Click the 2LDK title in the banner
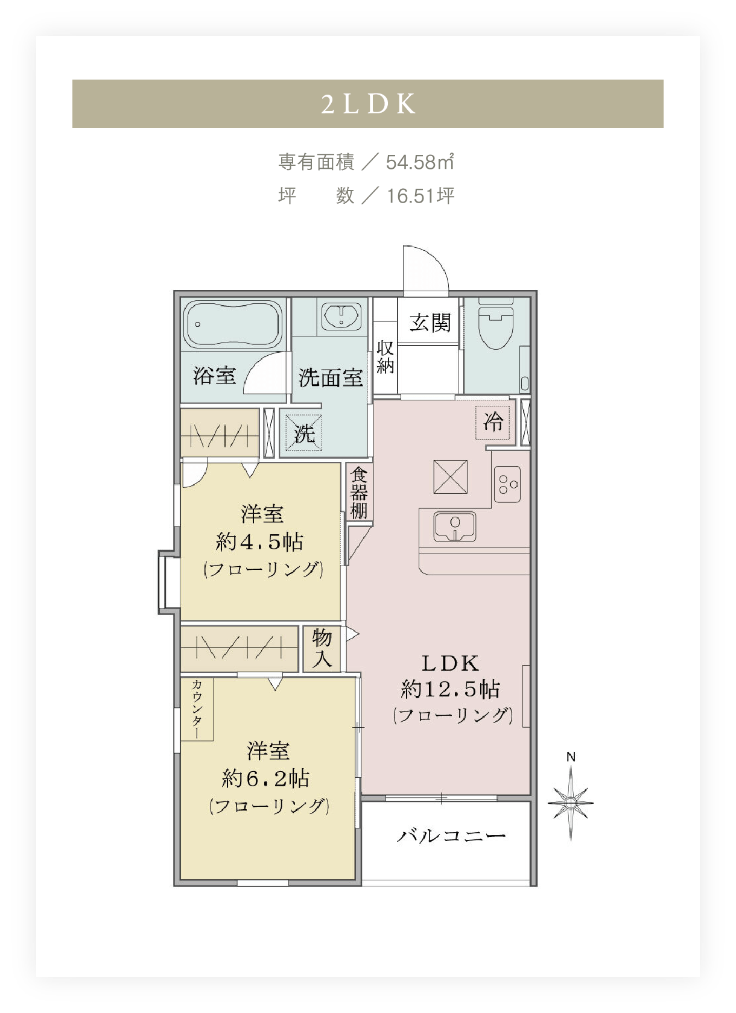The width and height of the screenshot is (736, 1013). [368, 104]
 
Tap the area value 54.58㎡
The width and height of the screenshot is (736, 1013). [420, 162]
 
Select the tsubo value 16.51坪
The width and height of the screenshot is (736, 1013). [420, 196]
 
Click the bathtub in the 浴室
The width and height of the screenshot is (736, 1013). [233, 324]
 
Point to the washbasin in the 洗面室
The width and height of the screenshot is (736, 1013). [341, 316]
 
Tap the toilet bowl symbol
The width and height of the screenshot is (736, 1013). [496, 323]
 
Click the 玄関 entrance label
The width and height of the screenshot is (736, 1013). [430, 323]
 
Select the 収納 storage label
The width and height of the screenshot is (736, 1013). [385, 357]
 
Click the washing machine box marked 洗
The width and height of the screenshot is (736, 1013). [304, 433]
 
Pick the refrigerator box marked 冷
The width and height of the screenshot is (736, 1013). [493, 422]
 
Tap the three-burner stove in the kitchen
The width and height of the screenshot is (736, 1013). [507, 484]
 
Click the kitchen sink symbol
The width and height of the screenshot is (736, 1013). [455, 526]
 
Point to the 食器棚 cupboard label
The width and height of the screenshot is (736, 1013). [359, 493]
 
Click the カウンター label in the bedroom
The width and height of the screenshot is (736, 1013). [197, 709]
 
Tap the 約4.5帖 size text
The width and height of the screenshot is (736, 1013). [259, 541]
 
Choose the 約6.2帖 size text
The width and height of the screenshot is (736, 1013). [265, 778]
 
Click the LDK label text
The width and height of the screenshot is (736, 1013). [450, 664]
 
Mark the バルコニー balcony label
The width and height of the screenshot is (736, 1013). [451, 836]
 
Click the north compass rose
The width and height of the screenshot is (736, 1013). [571, 803]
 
